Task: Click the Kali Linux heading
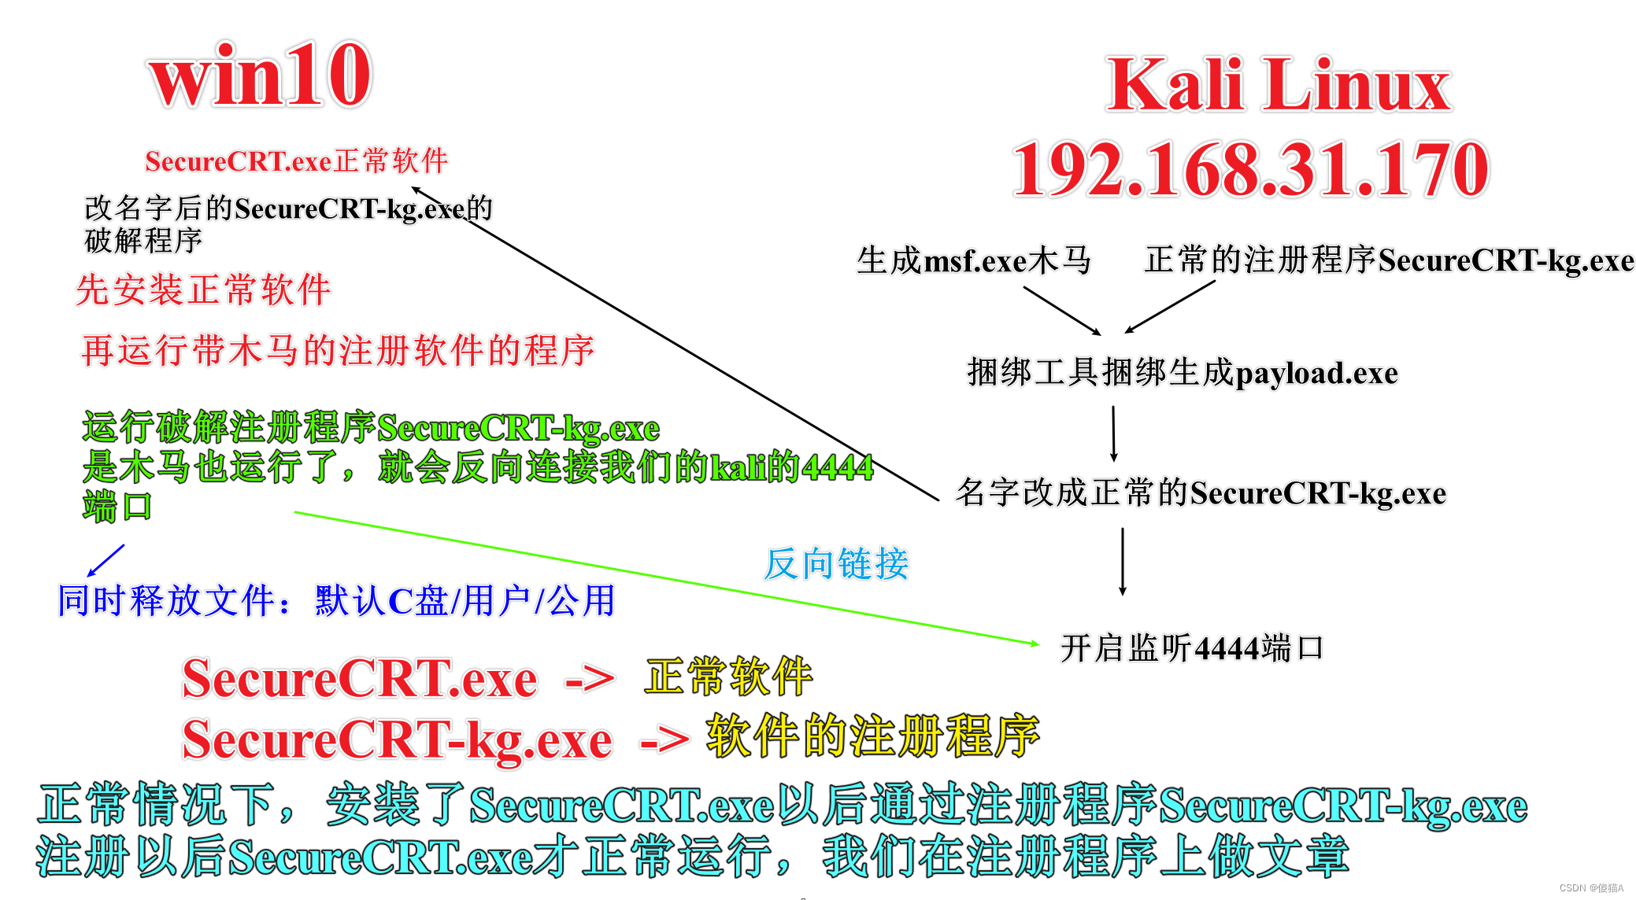pos(1279,85)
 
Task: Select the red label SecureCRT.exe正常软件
pos(296,161)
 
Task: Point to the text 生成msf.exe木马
pos(974,260)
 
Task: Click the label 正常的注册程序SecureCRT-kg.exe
pos(1389,260)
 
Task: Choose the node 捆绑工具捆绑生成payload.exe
pos(1182,372)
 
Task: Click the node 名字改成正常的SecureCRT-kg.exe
pos(1201,493)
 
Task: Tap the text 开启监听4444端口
pos(1191,649)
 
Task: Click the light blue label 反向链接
pos(836,564)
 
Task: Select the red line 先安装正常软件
pos(203,290)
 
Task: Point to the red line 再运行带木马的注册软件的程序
pos(338,350)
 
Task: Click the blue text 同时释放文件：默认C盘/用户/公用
pos(336,601)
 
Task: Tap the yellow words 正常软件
pos(728,677)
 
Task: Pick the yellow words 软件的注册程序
pos(872,736)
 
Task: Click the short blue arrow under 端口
pos(105,560)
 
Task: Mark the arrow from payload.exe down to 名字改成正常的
pos(1113,433)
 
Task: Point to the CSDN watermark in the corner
pos(1591,888)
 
